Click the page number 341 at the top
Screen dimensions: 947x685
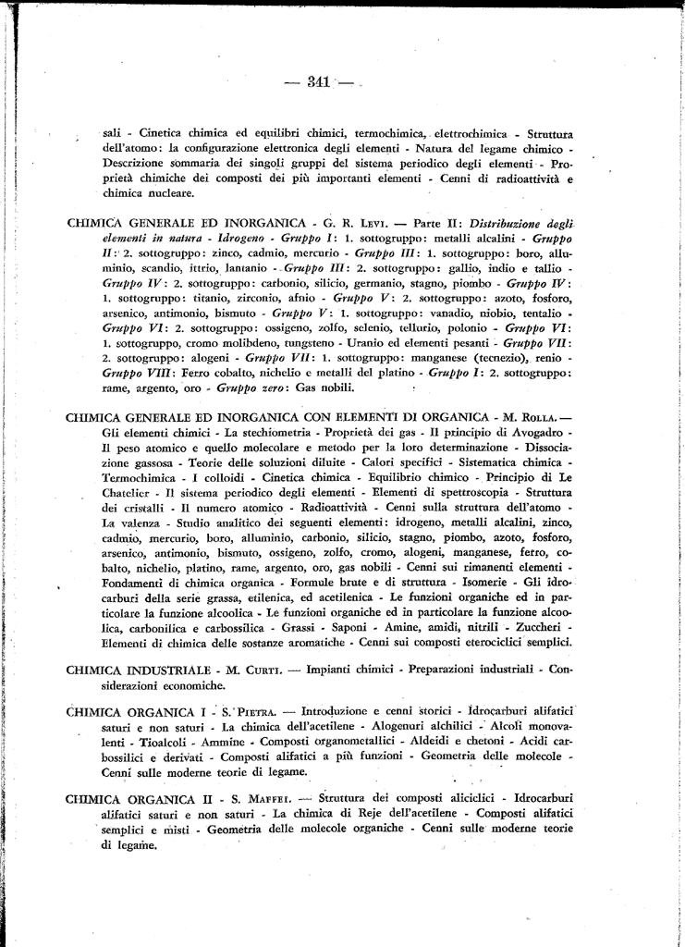tap(318, 81)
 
